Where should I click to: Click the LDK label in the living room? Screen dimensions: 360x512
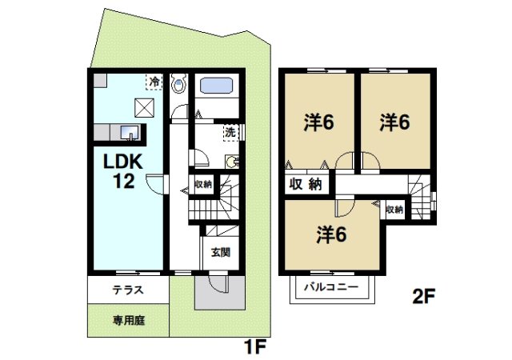(x=122, y=162)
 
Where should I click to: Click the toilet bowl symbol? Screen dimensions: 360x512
(x=179, y=84)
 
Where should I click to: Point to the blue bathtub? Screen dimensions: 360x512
(x=216, y=86)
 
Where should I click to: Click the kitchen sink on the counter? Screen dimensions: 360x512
(x=129, y=132)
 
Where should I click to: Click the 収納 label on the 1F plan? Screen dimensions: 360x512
(x=203, y=184)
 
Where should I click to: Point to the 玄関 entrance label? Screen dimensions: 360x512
(x=220, y=252)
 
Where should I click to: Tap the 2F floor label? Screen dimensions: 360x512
(x=423, y=297)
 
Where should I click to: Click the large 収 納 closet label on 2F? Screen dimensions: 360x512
(x=305, y=184)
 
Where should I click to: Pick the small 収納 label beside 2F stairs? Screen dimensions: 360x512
(x=394, y=209)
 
